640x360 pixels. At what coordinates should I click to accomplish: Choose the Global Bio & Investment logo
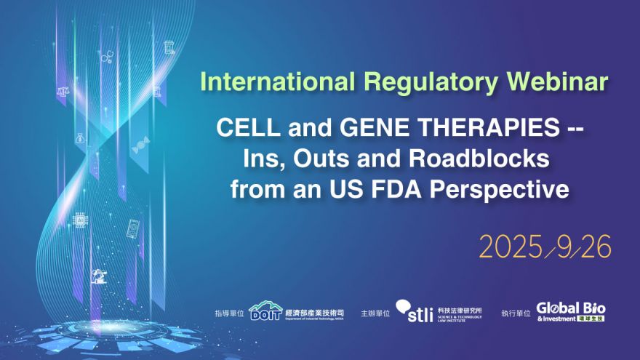coord(571,311)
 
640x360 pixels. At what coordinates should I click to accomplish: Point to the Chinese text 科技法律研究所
coord(463,308)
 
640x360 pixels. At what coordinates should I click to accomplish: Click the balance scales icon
coord(62,92)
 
